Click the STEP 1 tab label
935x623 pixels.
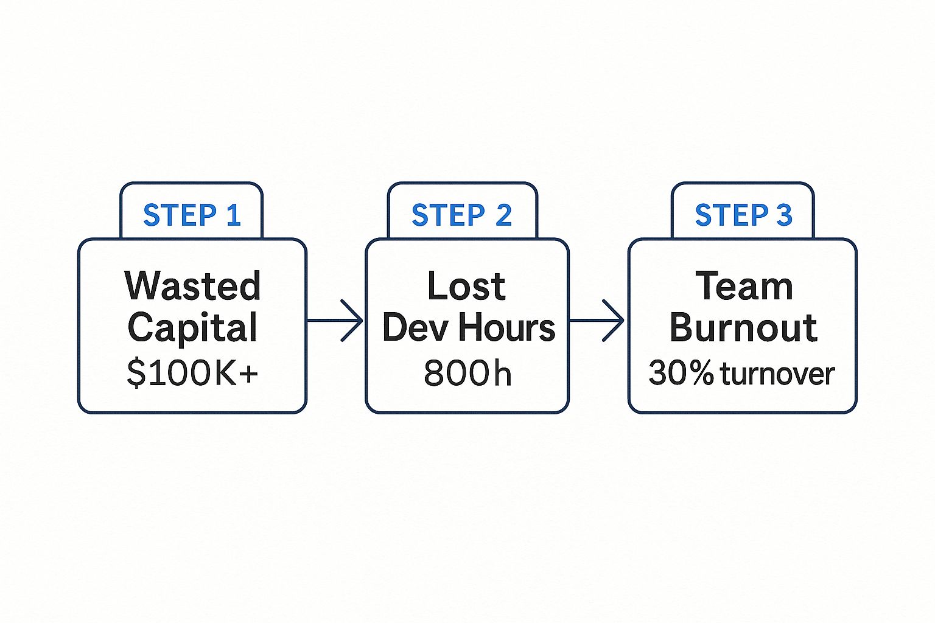(192, 215)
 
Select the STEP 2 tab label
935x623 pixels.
(461, 215)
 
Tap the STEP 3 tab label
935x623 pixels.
(743, 215)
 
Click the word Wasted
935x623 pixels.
(192, 286)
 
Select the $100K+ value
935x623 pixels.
(192, 373)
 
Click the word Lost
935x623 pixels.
(466, 286)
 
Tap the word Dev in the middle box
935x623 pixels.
(416, 328)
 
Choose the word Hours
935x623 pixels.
(506, 328)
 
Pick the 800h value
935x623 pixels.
(467, 373)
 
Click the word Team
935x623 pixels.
(744, 286)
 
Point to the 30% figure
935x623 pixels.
(681, 373)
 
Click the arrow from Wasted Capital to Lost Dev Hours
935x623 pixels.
(335, 320)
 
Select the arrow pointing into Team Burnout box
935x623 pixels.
(597, 320)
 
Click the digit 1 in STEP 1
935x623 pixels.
(234, 215)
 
